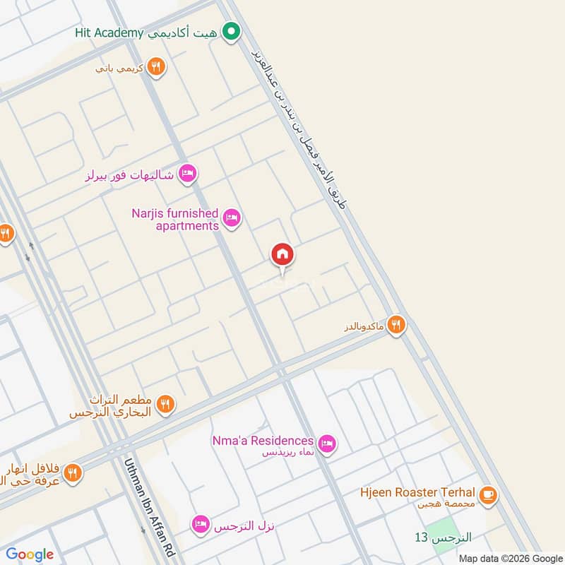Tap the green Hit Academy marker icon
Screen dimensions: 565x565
pos(230,32)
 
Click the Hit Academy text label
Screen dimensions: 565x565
pos(109,33)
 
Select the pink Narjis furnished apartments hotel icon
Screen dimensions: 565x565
pos(232,218)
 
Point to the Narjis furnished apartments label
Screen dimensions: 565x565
pos(175,219)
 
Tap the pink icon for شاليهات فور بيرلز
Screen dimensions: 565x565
pos(187,173)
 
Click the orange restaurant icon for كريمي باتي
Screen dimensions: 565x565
pos(157,67)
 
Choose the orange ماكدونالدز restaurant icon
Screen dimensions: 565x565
pos(397,325)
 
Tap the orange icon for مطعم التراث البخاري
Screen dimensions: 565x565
pos(166,404)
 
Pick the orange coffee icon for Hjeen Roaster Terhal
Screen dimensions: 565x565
pos(487,496)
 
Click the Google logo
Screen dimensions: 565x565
pos(30,554)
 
